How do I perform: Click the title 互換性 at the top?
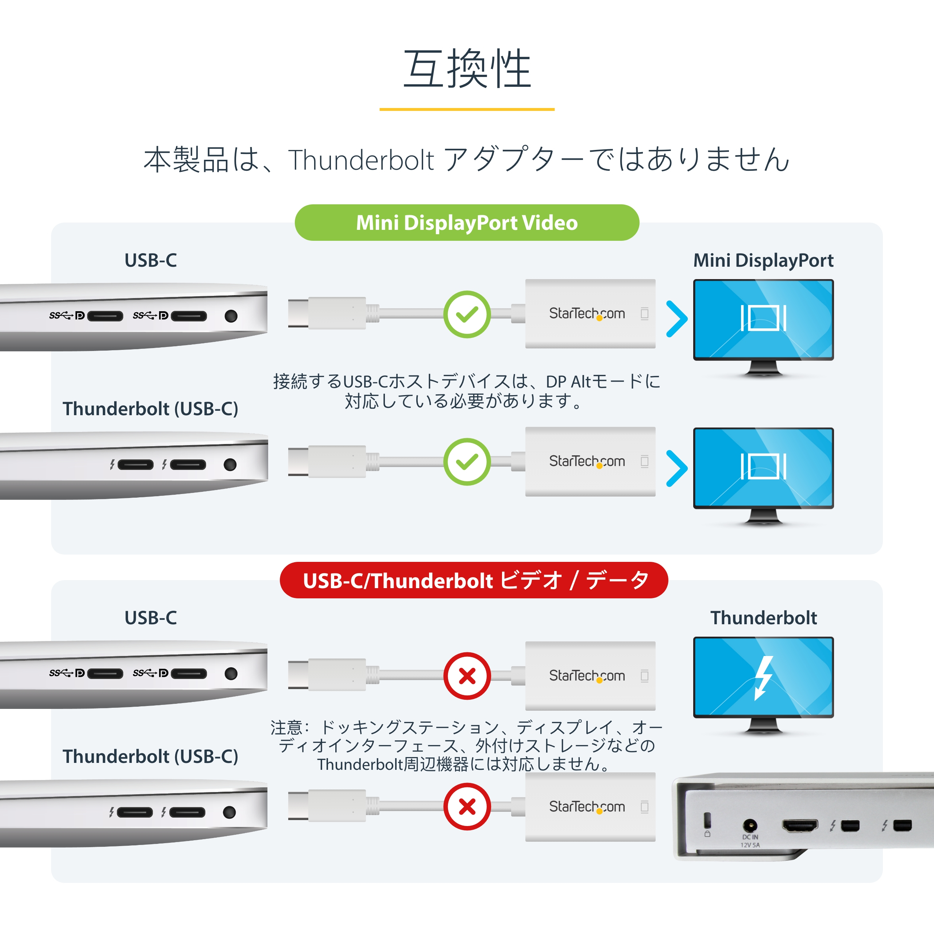coord(467,69)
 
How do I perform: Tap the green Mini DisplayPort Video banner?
coord(467,223)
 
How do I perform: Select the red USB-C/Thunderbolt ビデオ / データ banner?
coord(474,580)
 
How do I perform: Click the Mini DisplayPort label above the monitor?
coord(763,260)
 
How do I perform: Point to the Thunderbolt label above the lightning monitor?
coord(763,618)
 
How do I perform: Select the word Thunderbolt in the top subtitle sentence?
coord(361,160)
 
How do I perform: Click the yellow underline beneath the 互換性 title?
coord(467,109)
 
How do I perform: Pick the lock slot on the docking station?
coord(707,821)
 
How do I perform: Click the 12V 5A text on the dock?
coord(750,845)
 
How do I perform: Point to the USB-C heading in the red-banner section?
coord(151,618)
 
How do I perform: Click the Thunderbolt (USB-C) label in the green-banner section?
coord(150,409)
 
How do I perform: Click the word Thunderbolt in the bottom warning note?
coord(360,764)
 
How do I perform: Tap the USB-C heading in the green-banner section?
coord(151,260)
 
